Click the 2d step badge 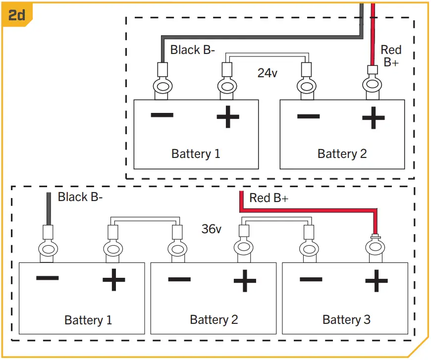16,14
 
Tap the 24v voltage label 268,73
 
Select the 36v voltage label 211,229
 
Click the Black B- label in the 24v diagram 192,50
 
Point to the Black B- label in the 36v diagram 80,197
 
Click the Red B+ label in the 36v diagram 269,198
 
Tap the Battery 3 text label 346,319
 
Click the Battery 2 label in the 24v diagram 342,154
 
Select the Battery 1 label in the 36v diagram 88,320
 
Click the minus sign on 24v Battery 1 162,115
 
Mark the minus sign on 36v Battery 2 179,279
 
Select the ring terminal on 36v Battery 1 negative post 48,248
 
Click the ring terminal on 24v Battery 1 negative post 162,87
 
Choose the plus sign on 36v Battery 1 113,281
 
